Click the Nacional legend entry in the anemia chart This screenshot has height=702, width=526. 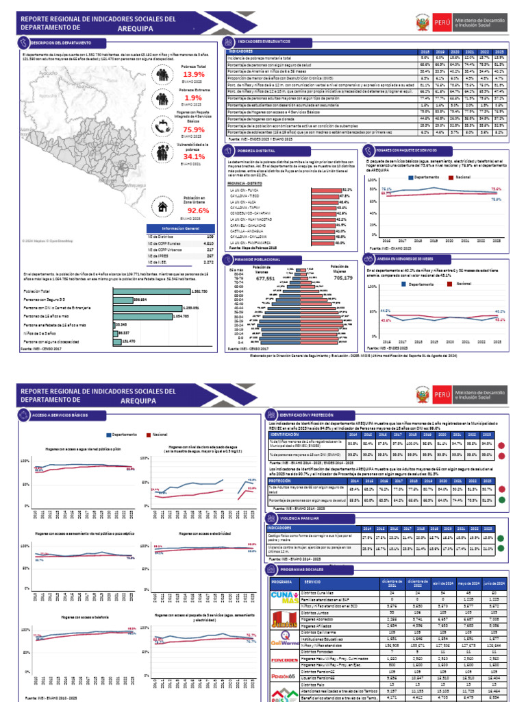[x=462, y=282]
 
